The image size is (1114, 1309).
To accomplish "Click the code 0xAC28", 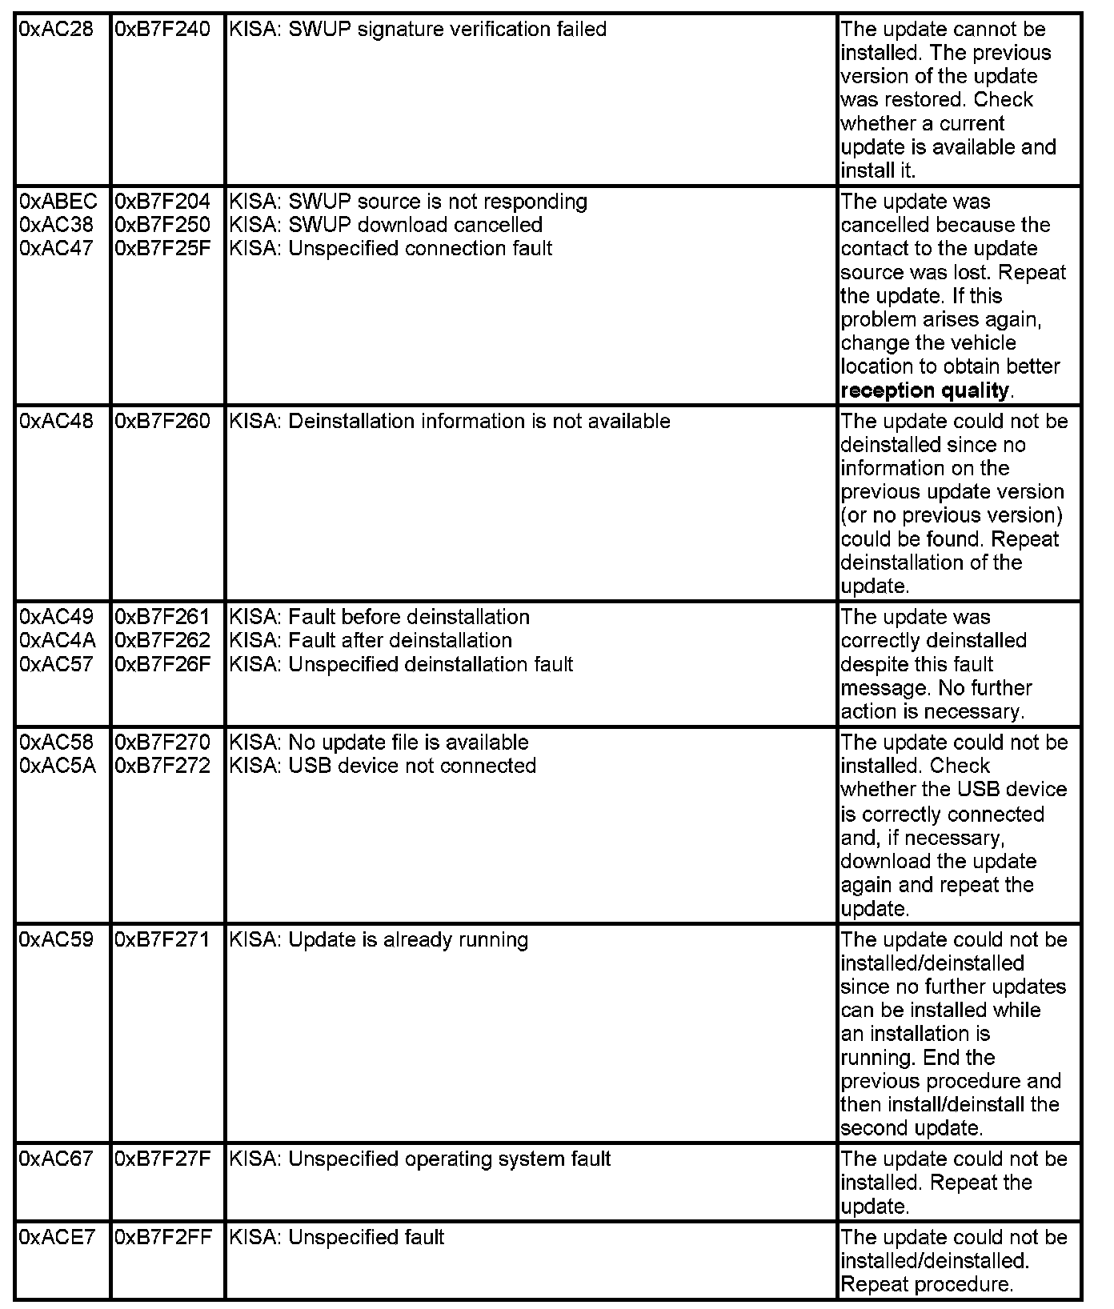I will point(55,30).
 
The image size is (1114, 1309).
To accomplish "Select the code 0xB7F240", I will point(162,30).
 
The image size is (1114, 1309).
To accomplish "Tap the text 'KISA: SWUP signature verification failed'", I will point(418,30).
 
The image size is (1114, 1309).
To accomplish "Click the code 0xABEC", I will point(58,202).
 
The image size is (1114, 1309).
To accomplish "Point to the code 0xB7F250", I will point(162,225).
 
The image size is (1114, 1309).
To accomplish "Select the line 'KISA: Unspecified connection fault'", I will point(391,249).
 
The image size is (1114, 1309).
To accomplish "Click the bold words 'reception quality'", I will point(924,390).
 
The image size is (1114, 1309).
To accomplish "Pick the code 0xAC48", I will point(55,421).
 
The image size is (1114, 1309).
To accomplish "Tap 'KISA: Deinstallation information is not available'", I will point(450,421).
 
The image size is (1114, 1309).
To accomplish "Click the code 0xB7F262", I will point(162,640).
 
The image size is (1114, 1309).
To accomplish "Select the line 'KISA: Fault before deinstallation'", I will point(379,617).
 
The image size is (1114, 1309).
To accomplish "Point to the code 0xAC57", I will point(55,664).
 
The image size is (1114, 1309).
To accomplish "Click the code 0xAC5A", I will point(57,766).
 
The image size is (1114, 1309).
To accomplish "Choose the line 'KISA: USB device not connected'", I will point(383,766).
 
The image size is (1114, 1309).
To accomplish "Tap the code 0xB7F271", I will point(162,939).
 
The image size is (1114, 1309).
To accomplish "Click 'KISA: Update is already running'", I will point(379,939).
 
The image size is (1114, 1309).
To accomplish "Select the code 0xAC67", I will point(55,1159).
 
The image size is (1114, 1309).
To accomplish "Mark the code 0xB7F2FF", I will point(163,1237).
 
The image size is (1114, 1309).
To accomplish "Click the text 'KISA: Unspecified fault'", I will point(336,1237).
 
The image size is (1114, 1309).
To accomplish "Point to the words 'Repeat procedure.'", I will point(926,1284).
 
